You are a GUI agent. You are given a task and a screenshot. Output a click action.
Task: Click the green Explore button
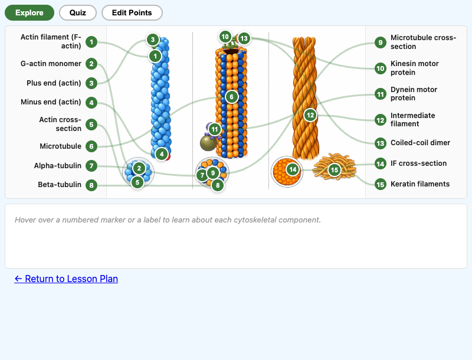click(29, 12)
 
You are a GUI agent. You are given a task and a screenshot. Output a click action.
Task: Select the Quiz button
click(78, 12)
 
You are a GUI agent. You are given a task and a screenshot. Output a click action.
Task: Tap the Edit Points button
click(132, 12)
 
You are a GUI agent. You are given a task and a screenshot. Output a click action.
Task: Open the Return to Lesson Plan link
click(66, 279)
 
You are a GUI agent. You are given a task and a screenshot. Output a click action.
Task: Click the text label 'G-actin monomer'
click(51, 64)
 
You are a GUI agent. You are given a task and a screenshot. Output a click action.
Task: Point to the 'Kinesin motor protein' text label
click(414, 68)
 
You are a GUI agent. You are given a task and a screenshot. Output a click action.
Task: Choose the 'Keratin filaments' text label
click(419, 184)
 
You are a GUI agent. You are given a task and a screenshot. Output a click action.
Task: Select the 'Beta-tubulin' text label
click(60, 185)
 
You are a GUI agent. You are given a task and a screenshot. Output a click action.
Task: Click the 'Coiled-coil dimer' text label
click(420, 143)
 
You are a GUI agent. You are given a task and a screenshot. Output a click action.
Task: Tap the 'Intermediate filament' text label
click(412, 120)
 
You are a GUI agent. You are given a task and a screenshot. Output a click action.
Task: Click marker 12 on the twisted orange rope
click(310, 115)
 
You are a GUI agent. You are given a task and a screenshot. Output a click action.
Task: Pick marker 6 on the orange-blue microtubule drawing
click(231, 96)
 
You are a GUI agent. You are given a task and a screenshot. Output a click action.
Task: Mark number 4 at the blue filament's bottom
click(162, 154)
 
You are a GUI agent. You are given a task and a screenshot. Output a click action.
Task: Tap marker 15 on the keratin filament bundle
click(335, 170)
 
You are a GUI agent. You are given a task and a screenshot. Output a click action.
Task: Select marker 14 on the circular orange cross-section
click(293, 170)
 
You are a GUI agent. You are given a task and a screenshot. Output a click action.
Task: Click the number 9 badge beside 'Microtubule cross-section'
click(381, 42)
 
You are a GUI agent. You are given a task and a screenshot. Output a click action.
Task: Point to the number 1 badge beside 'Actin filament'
click(91, 41)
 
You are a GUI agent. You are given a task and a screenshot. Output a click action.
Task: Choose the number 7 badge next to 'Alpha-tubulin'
click(91, 166)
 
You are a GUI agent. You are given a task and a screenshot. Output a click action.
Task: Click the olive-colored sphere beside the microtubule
click(208, 143)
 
